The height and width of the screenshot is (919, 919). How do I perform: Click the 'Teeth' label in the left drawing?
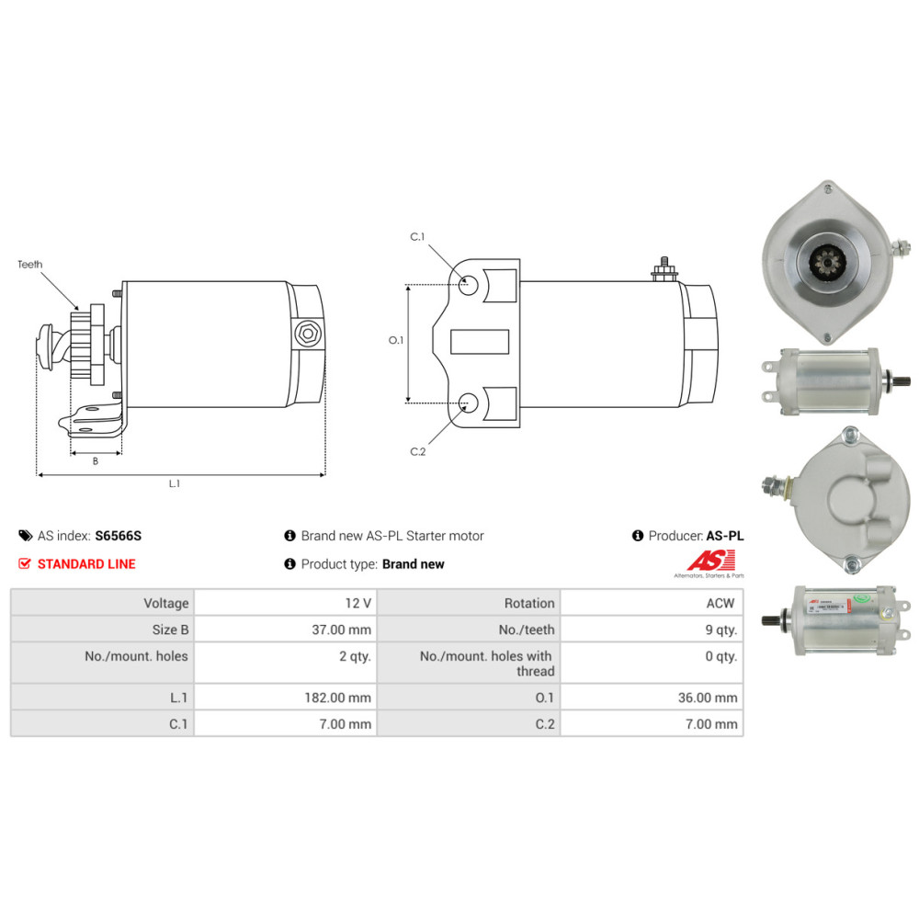click(29, 265)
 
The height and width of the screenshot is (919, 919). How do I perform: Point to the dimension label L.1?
click(174, 483)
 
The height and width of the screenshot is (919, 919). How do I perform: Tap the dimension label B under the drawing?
click(96, 461)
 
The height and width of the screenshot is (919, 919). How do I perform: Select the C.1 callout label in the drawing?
click(417, 237)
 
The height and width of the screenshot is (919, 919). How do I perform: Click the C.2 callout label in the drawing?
click(417, 451)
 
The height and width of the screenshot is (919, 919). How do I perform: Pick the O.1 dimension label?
click(396, 340)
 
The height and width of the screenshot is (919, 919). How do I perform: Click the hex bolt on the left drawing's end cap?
click(306, 335)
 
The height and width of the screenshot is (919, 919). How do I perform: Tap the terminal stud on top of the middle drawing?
click(662, 268)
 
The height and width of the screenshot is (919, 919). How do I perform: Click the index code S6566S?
click(119, 536)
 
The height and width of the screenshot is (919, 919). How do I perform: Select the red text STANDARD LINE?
click(86, 564)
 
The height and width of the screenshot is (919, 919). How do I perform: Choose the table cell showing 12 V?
click(357, 604)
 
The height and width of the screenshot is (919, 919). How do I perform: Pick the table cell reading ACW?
click(722, 604)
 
